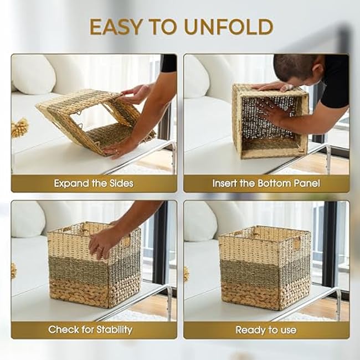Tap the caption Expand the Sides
(x=94, y=183)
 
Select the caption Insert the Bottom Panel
(x=266, y=183)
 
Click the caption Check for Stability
(x=90, y=330)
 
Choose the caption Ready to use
(x=265, y=330)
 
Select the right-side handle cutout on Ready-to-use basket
(x=296, y=243)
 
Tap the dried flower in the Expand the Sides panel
(x=20, y=127)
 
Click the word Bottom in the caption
(x=274, y=183)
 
